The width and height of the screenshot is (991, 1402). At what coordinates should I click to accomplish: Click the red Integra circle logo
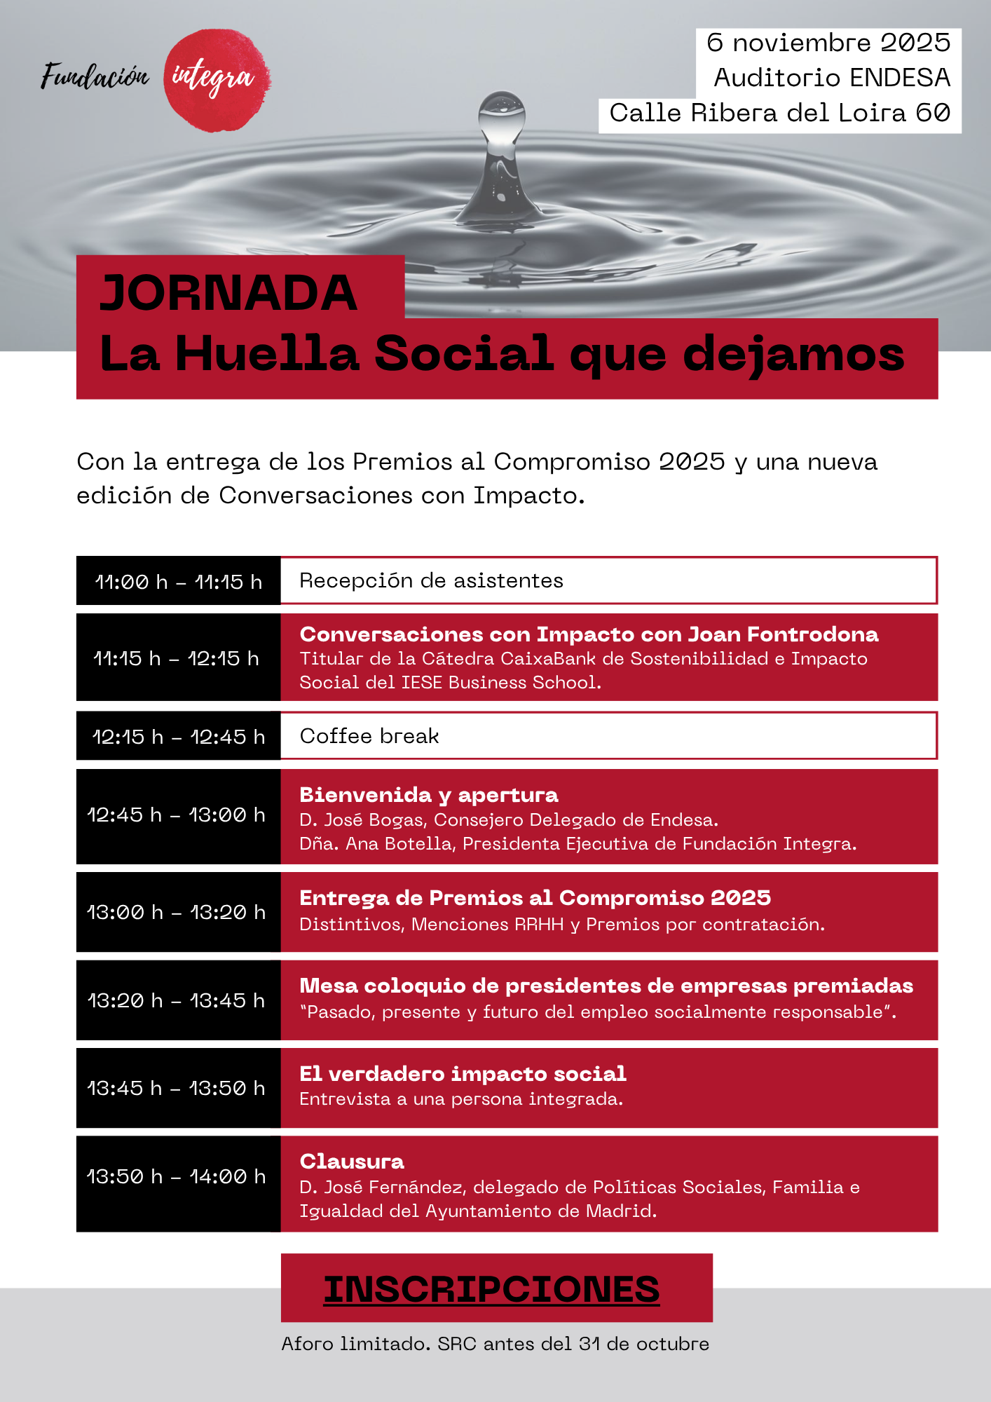(217, 80)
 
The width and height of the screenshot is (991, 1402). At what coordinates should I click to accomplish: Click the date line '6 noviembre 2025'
(828, 43)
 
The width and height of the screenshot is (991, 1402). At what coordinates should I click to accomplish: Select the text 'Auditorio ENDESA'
(831, 78)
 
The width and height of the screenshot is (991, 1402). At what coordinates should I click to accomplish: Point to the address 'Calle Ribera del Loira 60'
(779, 113)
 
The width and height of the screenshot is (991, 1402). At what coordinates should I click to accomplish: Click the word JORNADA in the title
(228, 293)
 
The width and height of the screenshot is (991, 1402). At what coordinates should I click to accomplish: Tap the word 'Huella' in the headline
(267, 353)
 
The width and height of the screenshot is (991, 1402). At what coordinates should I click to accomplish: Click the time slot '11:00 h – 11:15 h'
(178, 582)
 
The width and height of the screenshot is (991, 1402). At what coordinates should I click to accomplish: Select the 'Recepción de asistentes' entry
(431, 581)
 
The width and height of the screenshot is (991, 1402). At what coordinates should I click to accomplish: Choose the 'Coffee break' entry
(369, 736)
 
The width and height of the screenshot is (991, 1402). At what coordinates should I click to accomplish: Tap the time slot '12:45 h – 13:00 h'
(177, 815)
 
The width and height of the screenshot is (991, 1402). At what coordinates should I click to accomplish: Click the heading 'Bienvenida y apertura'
(428, 795)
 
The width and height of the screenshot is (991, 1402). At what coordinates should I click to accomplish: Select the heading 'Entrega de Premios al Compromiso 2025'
(535, 898)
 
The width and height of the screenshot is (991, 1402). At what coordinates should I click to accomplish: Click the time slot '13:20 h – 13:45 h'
(177, 1001)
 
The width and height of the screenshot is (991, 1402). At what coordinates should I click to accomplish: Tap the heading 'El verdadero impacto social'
(463, 1074)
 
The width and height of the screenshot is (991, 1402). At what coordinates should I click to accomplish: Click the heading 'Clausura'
(352, 1162)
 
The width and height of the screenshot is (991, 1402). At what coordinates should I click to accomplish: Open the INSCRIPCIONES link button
(491, 1289)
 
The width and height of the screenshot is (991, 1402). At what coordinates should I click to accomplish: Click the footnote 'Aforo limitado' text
(355, 1344)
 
